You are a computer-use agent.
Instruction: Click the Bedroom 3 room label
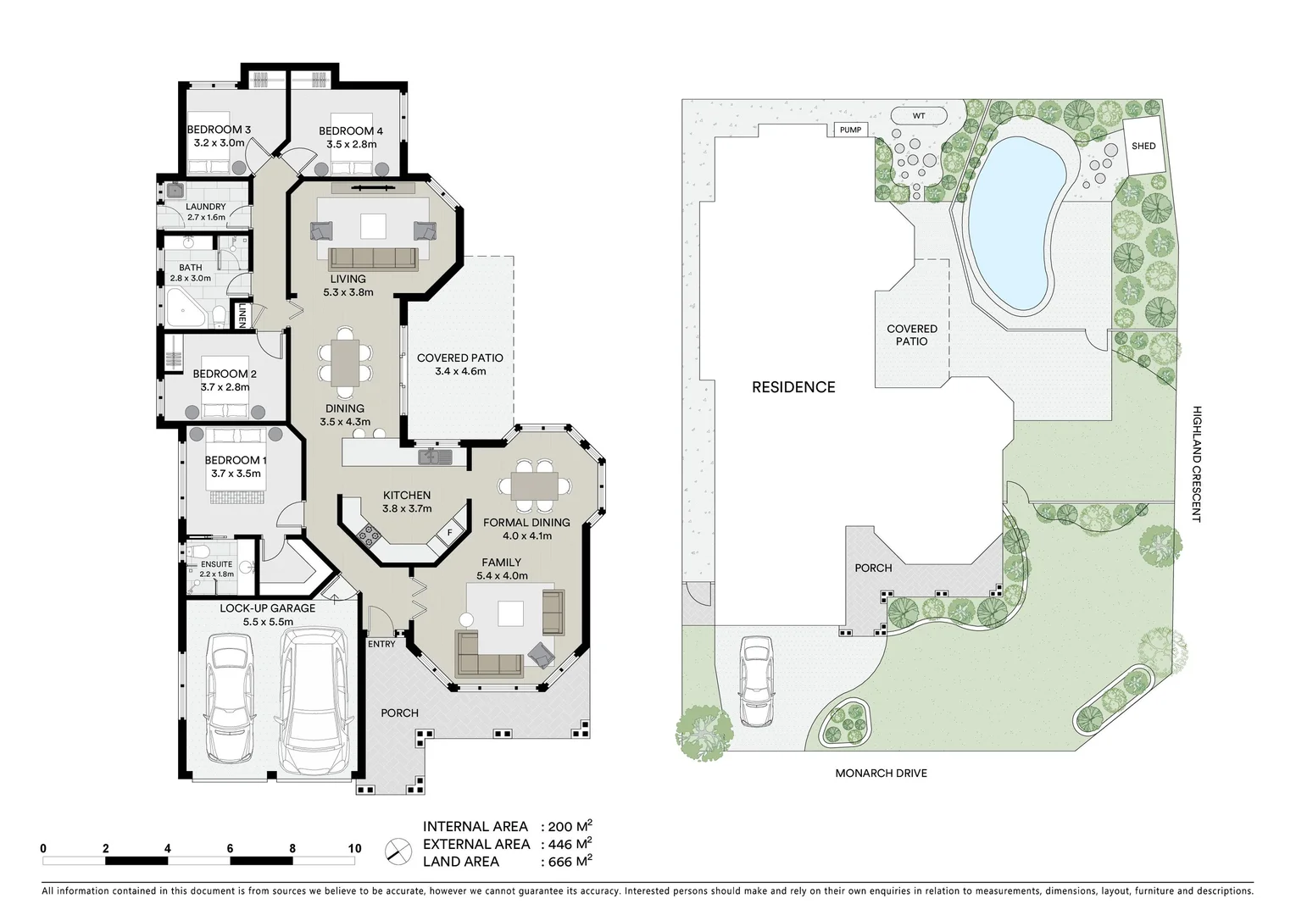coord(219,130)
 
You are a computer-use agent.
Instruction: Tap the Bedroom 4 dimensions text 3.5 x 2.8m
coord(351,144)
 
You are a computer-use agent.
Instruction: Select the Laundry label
coord(206,207)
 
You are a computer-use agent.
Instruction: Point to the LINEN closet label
coord(242,316)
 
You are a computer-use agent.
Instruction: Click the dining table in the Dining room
coord(345,362)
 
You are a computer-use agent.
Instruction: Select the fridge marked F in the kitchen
coord(449,533)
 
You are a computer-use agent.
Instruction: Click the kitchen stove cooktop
coord(369,534)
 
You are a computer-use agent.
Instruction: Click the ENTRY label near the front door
coord(381,644)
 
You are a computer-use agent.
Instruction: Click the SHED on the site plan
coord(1143,146)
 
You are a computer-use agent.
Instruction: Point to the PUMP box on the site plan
coord(850,130)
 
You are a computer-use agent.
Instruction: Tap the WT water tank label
coord(919,115)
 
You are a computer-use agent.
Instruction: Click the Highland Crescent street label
coord(1197,463)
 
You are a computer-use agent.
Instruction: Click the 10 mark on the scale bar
coord(354,848)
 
